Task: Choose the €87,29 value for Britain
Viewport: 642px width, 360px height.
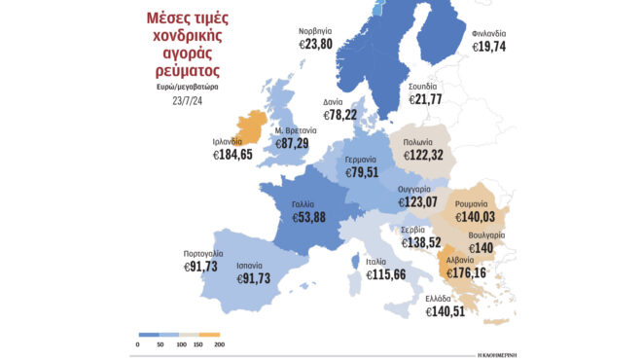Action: coord(292,143)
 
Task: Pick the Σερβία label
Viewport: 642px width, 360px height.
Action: coord(413,230)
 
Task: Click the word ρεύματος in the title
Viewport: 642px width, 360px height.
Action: coord(178,71)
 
